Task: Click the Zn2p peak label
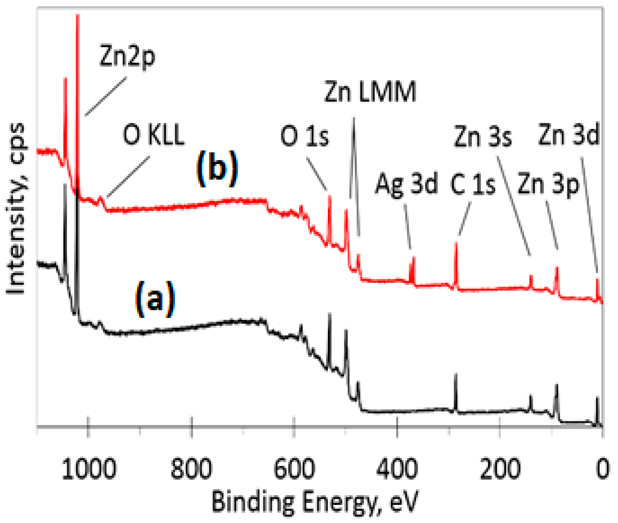click(127, 57)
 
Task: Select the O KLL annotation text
click(154, 135)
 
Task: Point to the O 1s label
click(305, 137)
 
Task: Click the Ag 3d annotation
click(406, 184)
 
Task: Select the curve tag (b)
click(217, 169)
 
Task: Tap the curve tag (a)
click(155, 299)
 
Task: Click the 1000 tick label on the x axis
click(89, 469)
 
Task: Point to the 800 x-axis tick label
click(192, 469)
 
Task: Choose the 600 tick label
click(294, 469)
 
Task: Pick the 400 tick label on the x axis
click(397, 469)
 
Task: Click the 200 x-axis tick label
click(500, 469)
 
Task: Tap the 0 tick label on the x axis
click(602, 469)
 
